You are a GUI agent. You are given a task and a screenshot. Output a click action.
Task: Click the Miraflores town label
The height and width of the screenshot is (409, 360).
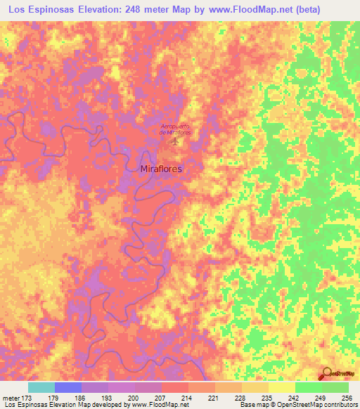[x=162, y=169]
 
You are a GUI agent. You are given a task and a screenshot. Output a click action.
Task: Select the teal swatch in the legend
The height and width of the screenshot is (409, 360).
[x=41, y=387]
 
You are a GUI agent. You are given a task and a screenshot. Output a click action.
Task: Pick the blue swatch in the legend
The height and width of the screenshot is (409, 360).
[x=68, y=387]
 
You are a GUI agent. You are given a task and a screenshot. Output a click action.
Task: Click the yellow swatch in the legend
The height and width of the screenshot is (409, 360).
[x=281, y=387]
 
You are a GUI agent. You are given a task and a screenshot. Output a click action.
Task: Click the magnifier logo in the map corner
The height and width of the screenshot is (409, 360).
[x=327, y=374]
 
